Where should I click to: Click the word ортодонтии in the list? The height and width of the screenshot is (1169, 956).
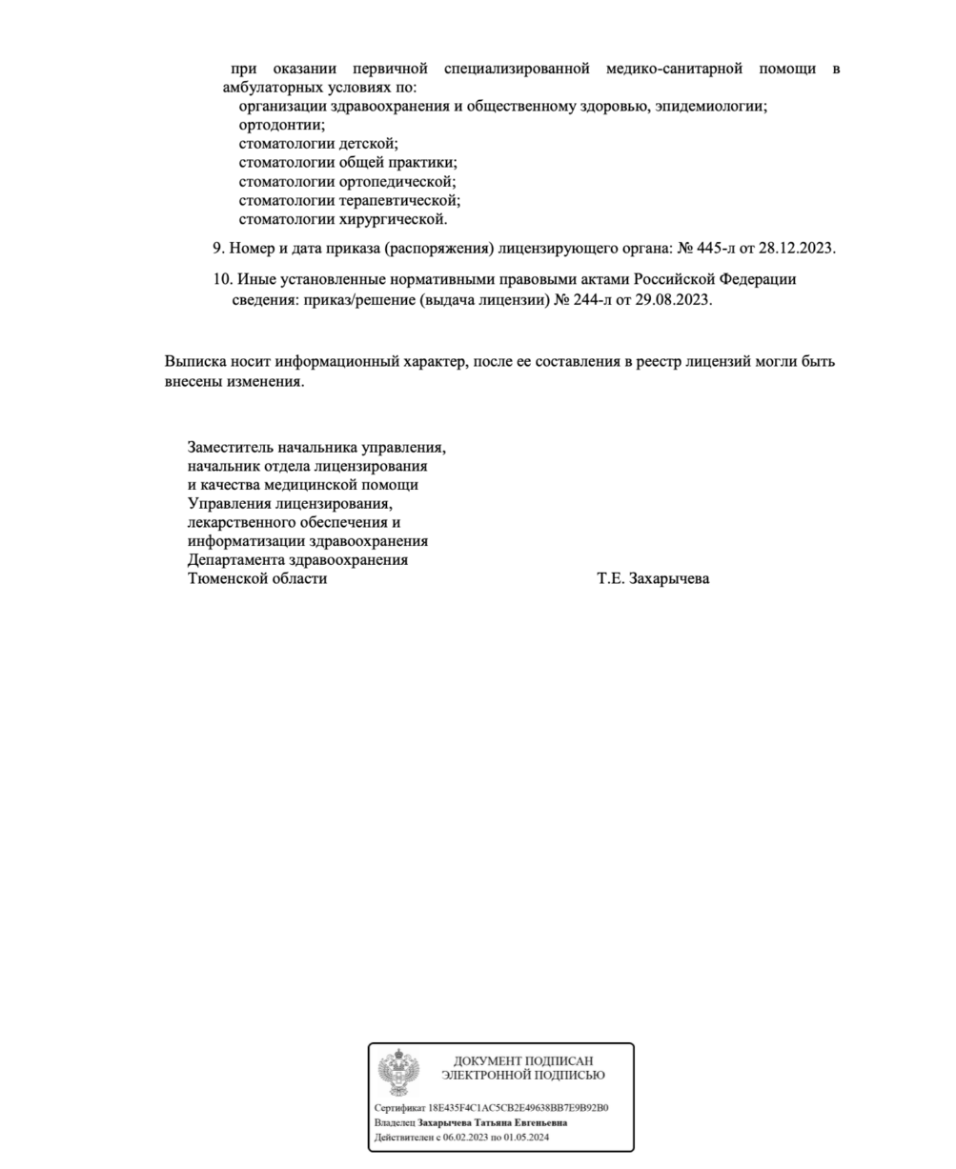click(281, 125)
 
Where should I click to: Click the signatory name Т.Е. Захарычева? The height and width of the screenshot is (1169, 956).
click(653, 578)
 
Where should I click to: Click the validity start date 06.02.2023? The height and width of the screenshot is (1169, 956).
click(464, 1137)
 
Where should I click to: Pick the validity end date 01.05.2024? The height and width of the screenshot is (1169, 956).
click(528, 1137)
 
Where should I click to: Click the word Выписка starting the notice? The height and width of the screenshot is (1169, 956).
click(194, 362)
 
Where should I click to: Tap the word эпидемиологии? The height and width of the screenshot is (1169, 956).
click(710, 106)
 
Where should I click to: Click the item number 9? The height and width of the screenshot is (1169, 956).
click(217, 248)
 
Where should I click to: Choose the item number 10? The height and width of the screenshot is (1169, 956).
click(222, 279)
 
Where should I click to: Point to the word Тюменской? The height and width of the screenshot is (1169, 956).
click(229, 578)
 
